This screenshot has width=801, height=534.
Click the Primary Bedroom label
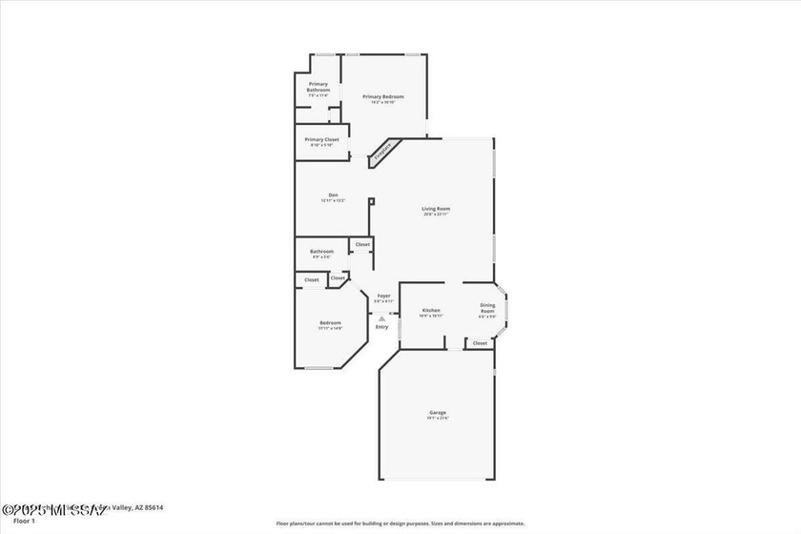[383, 96]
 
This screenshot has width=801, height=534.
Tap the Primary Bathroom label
[318, 87]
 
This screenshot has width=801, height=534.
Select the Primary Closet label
[321, 139]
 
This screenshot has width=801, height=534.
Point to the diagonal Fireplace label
[382, 151]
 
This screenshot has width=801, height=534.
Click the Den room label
[333, 195]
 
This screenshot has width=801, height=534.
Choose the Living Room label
[436, 208]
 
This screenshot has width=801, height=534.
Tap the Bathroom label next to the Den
[321, 252]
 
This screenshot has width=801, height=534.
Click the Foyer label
[383, 296]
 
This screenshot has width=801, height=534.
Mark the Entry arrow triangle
[381, 318]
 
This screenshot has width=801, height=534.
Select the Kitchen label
[431, 310]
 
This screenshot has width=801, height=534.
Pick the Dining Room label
[487, 309]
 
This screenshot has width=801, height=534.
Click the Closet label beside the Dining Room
[480, 343]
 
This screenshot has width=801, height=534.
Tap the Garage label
[437, 412]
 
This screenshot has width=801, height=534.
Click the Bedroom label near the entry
[330, 322]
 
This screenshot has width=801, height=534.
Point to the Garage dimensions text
[437, 419]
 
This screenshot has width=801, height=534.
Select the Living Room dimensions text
[436, 215]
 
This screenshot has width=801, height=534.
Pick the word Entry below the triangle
[381, 327]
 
